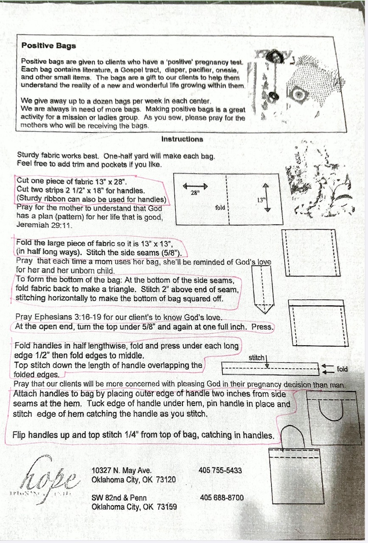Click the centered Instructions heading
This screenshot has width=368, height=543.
tap(182, 139)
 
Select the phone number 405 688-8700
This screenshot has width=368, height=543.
tap(222, 497)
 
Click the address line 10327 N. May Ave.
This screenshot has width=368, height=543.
tap(121, 470)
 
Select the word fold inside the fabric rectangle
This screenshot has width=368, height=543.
tap(219, 207)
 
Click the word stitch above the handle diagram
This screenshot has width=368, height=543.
tap(256, 358)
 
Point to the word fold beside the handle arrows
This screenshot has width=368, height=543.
tap(342, 369)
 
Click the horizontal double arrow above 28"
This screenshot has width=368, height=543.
tap(195, 186)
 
